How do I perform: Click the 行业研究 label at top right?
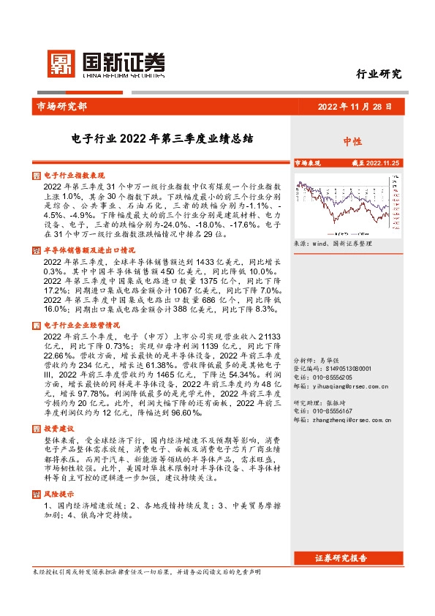(379, 74)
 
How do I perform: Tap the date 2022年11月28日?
(354, 107)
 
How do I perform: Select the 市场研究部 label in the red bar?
(61, 107)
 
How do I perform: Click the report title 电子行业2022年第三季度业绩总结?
(162, 138)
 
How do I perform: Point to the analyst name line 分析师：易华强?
(317, 361)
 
